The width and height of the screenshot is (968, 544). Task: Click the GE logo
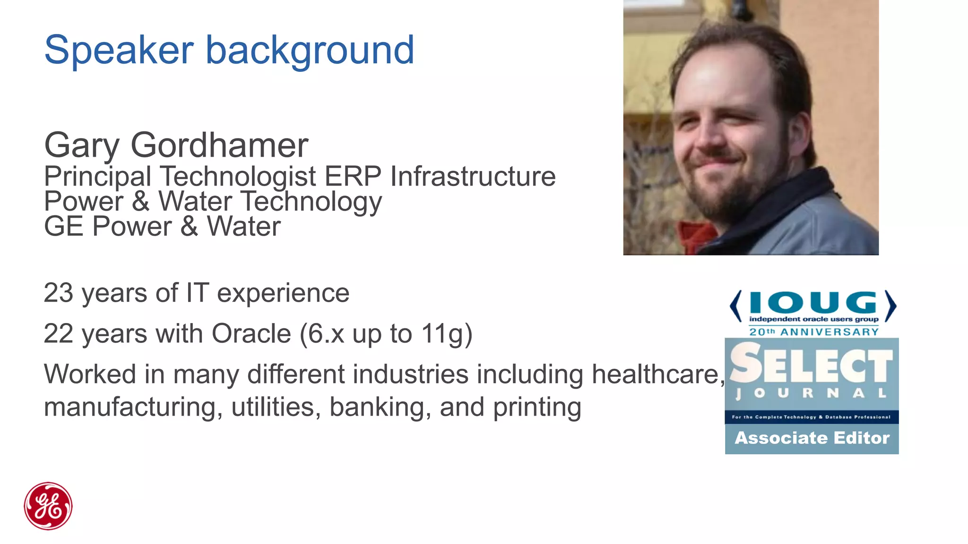click(48, 506)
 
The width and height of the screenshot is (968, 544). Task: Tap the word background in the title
click(310, 51)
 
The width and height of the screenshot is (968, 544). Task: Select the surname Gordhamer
click(219, 145)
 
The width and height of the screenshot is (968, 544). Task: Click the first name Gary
click(82, 146)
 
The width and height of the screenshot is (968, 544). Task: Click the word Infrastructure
click(473, 177)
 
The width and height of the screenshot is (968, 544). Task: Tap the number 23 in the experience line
click(59, 293)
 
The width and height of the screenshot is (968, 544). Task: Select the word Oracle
click(251, 334)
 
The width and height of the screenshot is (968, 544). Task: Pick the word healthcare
click(658, 374)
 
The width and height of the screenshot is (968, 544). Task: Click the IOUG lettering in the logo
click(813, 303)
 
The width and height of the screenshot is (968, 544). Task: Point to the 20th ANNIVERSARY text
click(813, 332)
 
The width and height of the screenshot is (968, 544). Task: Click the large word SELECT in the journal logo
click(812, 364)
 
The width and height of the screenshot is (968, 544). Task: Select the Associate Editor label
click(812, 438)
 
